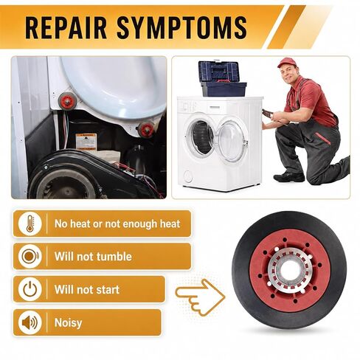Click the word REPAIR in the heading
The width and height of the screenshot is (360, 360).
[x=66, y=27]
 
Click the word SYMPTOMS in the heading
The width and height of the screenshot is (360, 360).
[x=182, y=27]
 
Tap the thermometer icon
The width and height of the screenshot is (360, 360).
[x=30, y=224]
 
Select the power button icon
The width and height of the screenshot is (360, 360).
[x=30, y=289]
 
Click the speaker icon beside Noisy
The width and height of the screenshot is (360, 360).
[x=30, y=322]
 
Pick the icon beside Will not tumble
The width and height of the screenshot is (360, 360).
[x=30, y=256]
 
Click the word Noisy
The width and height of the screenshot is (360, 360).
[x=68, y=323]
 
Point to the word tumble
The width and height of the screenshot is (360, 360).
[x=114, y=257]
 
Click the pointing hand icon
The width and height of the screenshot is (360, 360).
[x=200, y=297]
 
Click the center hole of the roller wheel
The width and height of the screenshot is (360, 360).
[x=289, y=270]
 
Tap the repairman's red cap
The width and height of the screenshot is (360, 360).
[x=286, y=62]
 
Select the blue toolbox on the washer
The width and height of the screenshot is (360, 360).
[x=221, y=78]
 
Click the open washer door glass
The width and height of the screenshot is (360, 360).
[x=231, y=139]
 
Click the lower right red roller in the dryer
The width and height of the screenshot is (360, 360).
[x=146, y=129]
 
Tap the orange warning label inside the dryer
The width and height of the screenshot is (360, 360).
[x=86, y=142]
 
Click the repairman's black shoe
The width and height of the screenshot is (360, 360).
[x=289, y=176]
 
